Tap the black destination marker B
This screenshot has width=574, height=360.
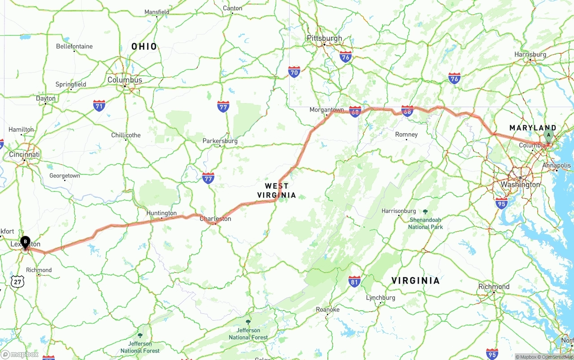coord(26,242)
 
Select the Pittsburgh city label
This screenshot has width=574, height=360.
coord(324,38)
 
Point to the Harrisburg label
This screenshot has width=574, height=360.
coord(530,55)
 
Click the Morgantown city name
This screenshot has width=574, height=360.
coord(326,110)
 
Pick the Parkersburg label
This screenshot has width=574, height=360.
coord(220,141)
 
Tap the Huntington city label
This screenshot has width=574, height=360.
coord(161,213)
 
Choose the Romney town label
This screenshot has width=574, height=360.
coord(406,134)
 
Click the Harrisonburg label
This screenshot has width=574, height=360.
coord(399,211)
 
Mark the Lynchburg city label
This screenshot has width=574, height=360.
coord(380,298)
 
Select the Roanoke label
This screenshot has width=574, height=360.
coord(327,309)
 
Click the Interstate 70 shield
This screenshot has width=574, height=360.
coord(294,72)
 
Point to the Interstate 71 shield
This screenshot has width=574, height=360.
coord(100,106)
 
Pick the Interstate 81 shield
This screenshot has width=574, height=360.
coord(354,281)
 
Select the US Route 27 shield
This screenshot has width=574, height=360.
coord(17,282)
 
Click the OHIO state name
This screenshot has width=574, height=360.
coord(144,46)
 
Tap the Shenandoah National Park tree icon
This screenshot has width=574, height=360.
coord(425,212)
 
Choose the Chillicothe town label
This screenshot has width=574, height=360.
coord(126,135)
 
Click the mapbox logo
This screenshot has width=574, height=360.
coord(20,354)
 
